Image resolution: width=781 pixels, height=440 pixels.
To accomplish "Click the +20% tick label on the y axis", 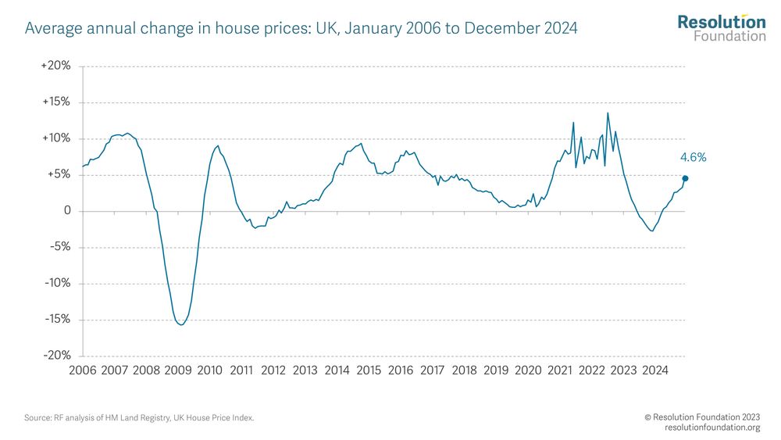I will click(55, 66).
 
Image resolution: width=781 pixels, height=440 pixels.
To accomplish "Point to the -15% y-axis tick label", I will click(57, 320).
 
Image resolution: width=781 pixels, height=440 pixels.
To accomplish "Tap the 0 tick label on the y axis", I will click(67, 211).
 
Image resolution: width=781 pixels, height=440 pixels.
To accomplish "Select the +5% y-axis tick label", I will click(58, 175).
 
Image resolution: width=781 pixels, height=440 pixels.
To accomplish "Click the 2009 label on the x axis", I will click(178, 370).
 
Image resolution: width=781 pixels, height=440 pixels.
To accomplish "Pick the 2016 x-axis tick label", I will click(401, 370).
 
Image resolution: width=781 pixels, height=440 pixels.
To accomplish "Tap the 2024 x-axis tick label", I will click(654, 370).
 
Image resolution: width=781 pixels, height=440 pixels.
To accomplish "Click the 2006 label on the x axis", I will click(83, 370).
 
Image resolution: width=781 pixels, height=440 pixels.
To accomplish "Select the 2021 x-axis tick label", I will click(559, 370).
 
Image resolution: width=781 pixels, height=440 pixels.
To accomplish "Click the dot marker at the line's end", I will click(685, 178).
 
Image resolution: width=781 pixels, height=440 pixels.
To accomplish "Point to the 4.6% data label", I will click(694, 158).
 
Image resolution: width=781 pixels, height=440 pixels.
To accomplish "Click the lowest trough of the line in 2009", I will click(181, 324).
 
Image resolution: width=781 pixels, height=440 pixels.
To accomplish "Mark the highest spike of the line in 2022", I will click(608, 113).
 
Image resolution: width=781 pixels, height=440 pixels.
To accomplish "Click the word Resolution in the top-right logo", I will click(721, 22).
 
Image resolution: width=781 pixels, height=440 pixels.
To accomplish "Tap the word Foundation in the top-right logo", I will click(729, 36).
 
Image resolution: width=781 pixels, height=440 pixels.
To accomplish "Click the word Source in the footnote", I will click(37, 418).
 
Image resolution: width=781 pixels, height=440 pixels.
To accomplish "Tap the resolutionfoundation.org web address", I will click(712, 427).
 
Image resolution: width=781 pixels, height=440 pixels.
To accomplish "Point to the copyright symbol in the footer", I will click(647, 418).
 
